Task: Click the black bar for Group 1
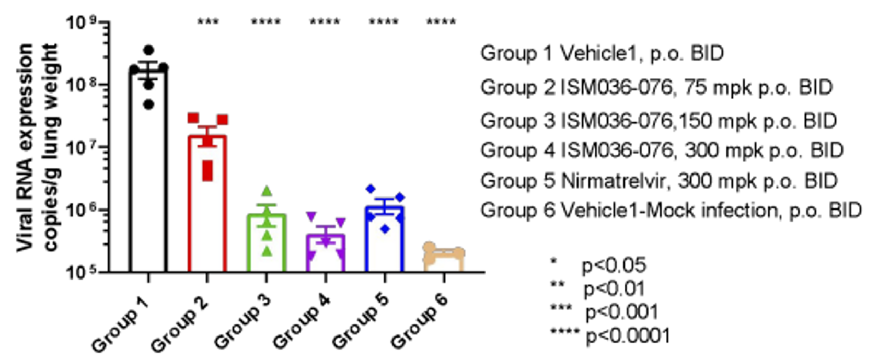148,172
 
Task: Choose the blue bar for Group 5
385,240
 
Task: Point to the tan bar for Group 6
444,261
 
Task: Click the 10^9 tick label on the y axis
82,22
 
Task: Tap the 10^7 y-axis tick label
82,147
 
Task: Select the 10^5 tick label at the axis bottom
82,272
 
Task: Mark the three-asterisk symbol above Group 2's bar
208,21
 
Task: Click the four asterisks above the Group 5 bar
384,21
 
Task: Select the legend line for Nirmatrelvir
659,181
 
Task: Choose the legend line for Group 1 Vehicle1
602,53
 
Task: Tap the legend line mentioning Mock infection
671,211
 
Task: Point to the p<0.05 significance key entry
614,265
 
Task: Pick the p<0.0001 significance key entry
628,335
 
